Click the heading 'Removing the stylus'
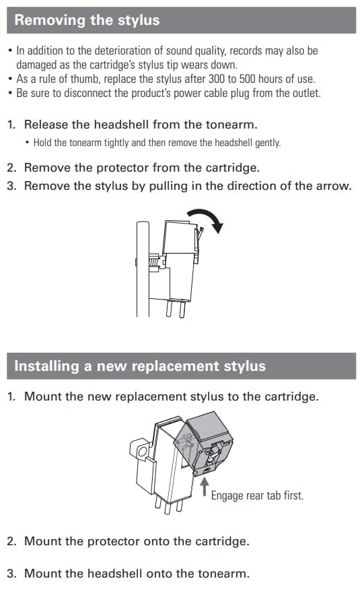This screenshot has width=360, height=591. pos(87,20)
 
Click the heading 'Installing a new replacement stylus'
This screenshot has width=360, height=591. pos(140,366)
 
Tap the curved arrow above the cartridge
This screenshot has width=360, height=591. pos(207,219)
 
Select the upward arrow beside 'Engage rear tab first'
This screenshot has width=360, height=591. pos(205,487)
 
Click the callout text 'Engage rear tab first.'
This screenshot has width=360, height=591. pos(257,495)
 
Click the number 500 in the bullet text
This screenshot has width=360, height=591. pos(248,79)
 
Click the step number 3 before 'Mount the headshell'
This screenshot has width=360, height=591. pos(11,573)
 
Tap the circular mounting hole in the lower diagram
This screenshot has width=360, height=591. pos(142,451)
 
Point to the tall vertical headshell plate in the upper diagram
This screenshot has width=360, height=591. pos(143,269)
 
